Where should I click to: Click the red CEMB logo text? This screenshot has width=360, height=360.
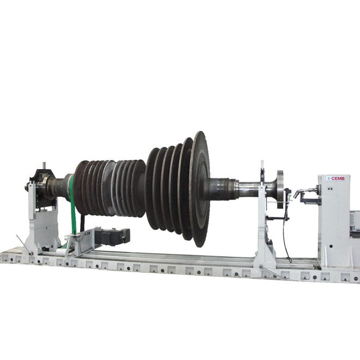338,178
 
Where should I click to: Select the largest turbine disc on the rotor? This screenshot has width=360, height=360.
200,189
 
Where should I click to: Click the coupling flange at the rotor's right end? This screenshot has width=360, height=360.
280,189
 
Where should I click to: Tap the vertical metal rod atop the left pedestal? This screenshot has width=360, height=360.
44,166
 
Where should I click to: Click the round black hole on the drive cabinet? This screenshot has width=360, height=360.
331,246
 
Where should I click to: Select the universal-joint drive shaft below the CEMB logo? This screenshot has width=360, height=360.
306,191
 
